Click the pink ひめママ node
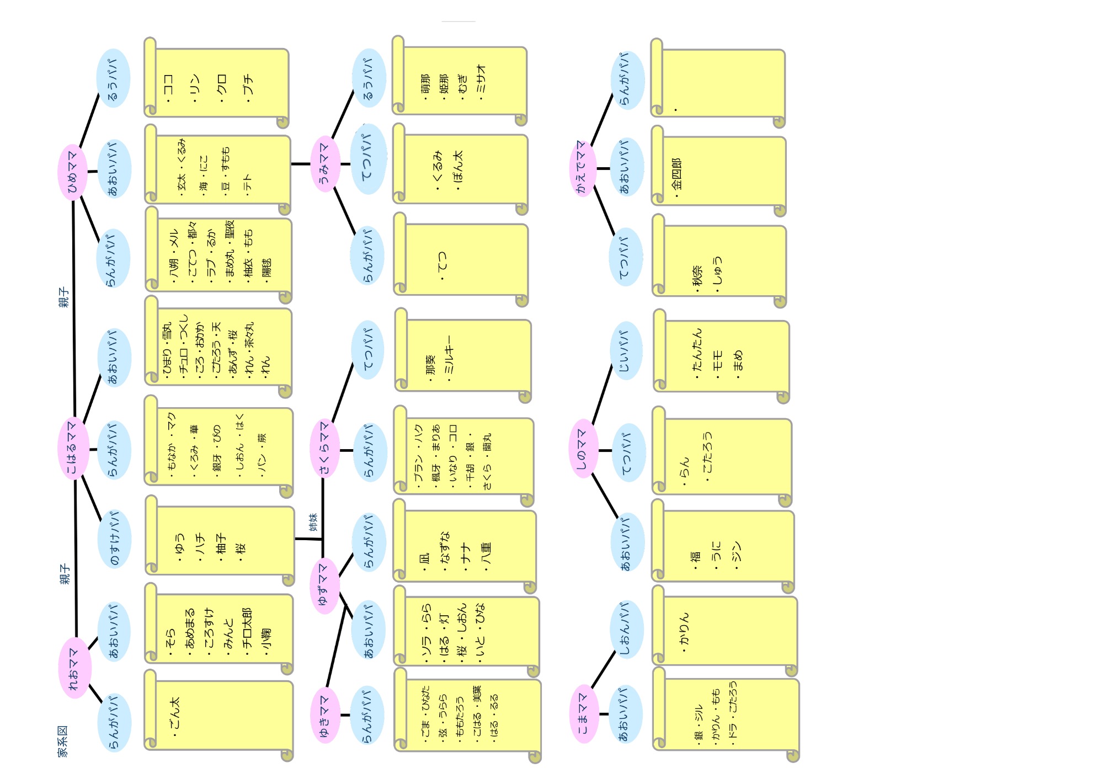click(x=73, y=172)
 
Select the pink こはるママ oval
click(x=73, y=449)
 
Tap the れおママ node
click(x=74, y=668)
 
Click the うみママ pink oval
click(x=324, y=164)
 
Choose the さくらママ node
click(x=324, y=449)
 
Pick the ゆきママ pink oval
click(x=324, y=715)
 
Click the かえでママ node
click(x=582, y=168)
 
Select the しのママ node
click(x=583, y=449)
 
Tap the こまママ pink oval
click(x=583, y=714)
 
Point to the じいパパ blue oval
click(x=626, y=351)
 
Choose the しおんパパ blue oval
click(x=626, y=630)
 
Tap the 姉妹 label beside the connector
click(x=313, y=522)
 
